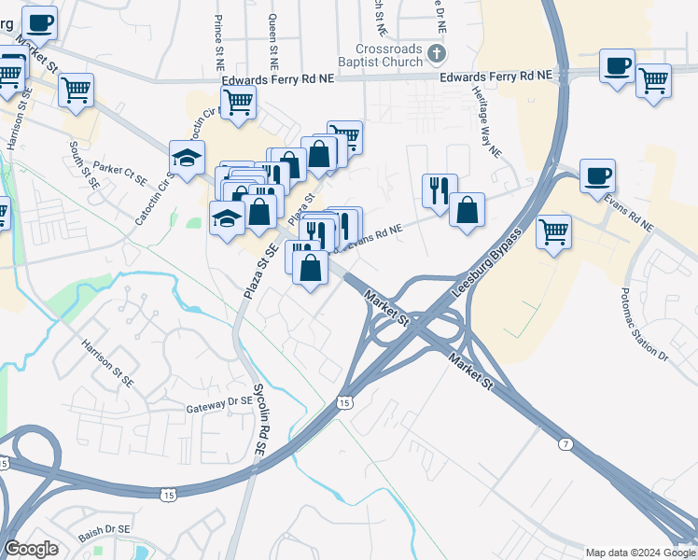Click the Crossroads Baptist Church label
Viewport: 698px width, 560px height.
point(389,56)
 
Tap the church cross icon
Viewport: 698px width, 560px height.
point(436,52)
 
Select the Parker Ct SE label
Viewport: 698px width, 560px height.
point(121,170)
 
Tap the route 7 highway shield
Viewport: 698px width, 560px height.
point(565,444)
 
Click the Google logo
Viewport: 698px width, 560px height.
point(32,549)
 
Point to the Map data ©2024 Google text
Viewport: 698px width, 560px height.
point(640,553)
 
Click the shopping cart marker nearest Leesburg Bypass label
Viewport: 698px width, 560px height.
point(553,230)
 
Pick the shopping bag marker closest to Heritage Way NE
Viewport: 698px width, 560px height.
point(467,209)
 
